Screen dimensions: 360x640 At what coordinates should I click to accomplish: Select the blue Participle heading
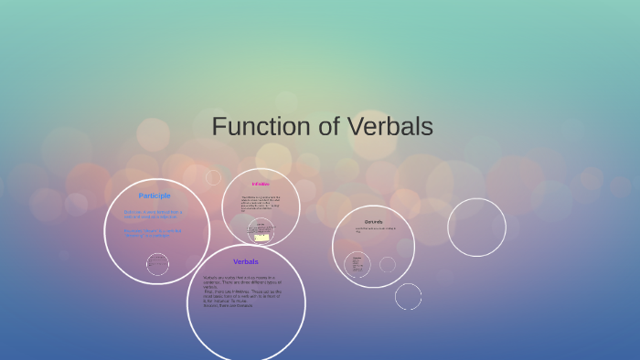tap(155, 196)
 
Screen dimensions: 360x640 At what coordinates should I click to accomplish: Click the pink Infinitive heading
tap(261, 184)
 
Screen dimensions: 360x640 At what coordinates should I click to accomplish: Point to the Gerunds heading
tap(373, 222)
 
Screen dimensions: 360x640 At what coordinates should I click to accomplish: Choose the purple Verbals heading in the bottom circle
tap(245, 261)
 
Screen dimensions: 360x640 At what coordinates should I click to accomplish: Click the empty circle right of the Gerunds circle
tap(476, 228)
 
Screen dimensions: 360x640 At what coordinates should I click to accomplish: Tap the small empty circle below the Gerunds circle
tap(408, 296)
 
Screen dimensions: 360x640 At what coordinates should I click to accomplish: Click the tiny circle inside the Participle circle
tap(157, 264)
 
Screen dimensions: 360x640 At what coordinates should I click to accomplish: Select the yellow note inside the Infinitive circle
tap(261, 238)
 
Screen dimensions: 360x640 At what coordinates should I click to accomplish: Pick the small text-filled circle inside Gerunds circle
tap(357, 265)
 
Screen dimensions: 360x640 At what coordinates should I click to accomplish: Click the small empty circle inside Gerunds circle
tap(388, 264)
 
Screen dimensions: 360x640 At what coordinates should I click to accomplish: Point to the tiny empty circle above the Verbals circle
tap(214, 177)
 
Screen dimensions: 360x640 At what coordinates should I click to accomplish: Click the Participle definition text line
tap(153, 214)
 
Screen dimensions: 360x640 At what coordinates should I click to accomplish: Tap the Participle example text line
tap(153, 232)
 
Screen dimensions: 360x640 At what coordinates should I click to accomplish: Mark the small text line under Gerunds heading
tap(376, 230)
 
